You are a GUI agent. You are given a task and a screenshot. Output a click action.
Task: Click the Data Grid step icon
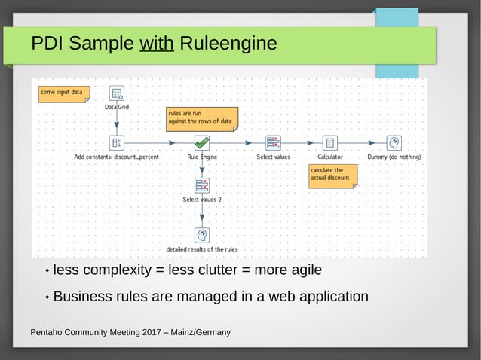[x=117, y=94]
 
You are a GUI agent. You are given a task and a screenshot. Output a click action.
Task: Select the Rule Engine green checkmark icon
[x=201, y=142]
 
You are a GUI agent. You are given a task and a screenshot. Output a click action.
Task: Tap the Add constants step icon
[x=117, y=142]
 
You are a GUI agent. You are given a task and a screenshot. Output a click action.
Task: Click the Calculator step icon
[x=329, y=142]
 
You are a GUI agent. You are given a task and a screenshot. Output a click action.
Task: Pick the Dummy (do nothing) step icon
[x=394, y=142]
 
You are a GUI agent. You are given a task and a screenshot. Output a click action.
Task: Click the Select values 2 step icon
[x=201, y=185]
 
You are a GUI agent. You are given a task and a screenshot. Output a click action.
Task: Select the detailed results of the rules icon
[x=201, y=235]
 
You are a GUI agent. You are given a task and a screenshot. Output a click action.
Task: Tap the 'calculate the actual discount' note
[x=332, y=175]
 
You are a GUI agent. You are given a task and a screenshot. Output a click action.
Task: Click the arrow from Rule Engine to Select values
[x=237, y=142]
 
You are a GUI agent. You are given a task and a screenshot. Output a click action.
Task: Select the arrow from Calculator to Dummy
[x=362, y=142]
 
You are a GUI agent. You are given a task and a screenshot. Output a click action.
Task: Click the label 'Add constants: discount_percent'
[x=117, y=157]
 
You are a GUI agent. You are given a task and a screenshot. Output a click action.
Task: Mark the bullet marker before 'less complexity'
[x=47, y=271]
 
